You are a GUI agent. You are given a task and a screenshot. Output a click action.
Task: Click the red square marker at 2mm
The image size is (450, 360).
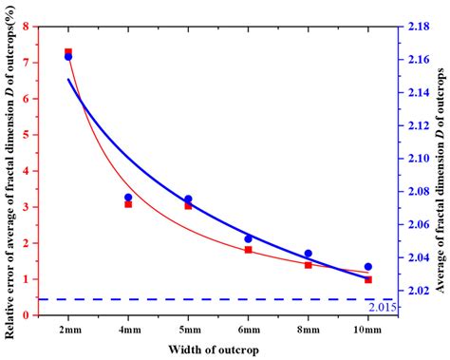(x=68, y=52)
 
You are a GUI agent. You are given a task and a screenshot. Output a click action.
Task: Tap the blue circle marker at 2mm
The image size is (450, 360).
(x=68, y=57)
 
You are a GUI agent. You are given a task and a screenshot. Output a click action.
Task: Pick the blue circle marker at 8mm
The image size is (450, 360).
(x=308, y=254)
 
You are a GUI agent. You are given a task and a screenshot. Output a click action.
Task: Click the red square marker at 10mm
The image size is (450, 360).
(x=368, y=279)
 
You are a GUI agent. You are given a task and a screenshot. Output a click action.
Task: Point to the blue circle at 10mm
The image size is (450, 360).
(x=368, y=267)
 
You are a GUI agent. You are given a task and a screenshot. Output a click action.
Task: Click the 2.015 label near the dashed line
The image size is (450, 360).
(x=378, y=307)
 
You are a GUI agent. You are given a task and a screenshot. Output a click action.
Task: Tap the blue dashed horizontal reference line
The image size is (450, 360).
(x=190, y=299)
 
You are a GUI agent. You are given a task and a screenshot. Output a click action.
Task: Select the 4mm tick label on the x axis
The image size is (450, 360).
(x=128, y=328)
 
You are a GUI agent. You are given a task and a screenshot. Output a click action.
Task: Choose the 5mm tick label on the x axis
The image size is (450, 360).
(x=188, y=328)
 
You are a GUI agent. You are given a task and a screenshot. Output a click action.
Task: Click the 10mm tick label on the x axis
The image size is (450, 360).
(x=368, y=328)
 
